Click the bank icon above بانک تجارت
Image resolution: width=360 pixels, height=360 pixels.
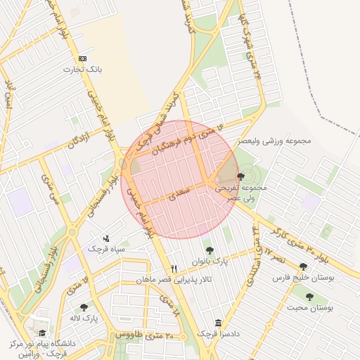(x=84, y=58)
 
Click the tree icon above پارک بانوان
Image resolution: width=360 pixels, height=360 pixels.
(x=208, y=250)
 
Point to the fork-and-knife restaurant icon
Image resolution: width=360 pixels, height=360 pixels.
(x=174, y=269)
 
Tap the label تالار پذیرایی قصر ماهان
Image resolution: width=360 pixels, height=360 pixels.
(x=174, y=280)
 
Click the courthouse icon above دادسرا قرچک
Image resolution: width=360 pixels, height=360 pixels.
(x=218, y=322)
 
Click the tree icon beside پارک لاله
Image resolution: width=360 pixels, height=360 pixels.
(x=84, y=307)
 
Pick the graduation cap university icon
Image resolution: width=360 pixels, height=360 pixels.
(x=42, y=333)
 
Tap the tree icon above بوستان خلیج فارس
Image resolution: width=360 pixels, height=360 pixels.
(x=303, y=267)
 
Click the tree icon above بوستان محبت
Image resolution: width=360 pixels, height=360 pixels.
(x=309, y=297)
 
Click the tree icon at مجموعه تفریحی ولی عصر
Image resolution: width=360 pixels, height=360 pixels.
(x=241, y=176)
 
